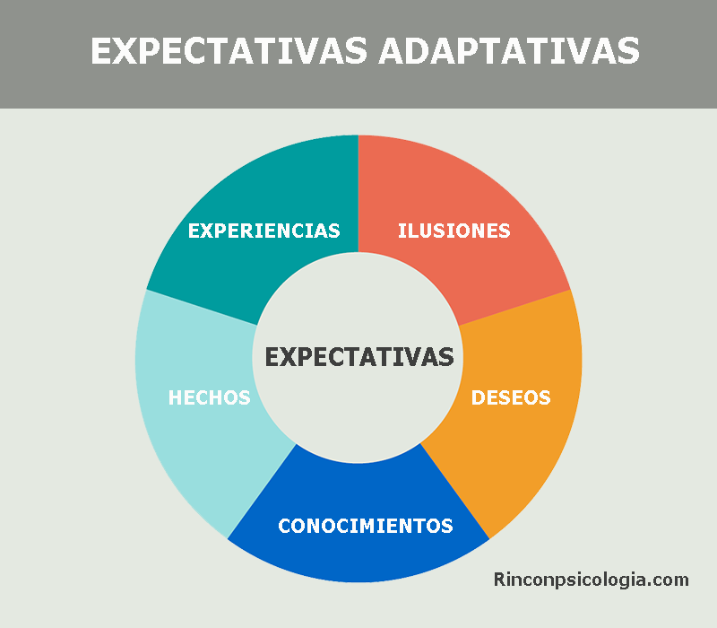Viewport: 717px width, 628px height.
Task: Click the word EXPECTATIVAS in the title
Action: point(229,50)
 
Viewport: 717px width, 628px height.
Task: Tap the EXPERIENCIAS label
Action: point(263,231)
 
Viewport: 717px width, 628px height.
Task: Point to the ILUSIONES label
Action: point(454,231)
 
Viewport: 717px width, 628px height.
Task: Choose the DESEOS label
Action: point(511,397)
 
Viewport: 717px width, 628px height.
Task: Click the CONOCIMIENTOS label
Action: point(366,526)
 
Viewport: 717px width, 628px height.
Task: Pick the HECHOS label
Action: point(210,397)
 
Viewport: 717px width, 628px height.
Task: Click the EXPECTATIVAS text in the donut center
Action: point(359,357)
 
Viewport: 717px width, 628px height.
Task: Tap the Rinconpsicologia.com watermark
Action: point(592,580)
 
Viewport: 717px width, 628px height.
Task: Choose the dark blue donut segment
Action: point(358,556)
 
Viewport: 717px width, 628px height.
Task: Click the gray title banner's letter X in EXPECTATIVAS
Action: point(123,50)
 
